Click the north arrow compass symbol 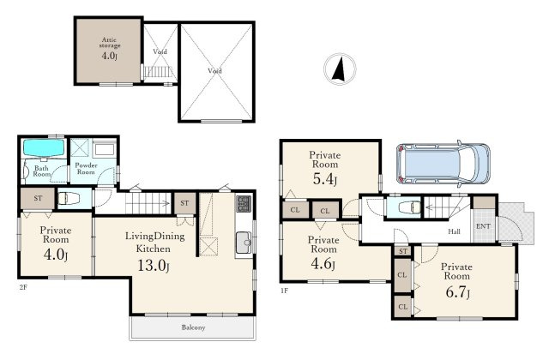tap(340, 69)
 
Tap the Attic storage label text tap(109, 43)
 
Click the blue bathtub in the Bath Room tap(44, 147)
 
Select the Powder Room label tap(86, 168)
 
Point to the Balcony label tap(193, 327)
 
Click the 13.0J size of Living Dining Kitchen tap(154, 265)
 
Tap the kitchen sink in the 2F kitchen tap(244, 243)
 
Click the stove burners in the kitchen tap(244, 204)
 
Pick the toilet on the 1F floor tap(409, 207)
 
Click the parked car tap(443, 164)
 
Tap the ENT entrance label tap(483, 226)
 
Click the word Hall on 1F tap(454, 231)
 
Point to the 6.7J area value tap(457, 291)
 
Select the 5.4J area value tap(325, 179)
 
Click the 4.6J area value tap(323, 264)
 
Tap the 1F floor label tap(284, 291)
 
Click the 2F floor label tap(23, 288)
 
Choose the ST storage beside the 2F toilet tap(38, 198)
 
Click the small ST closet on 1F tap(403, 251)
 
